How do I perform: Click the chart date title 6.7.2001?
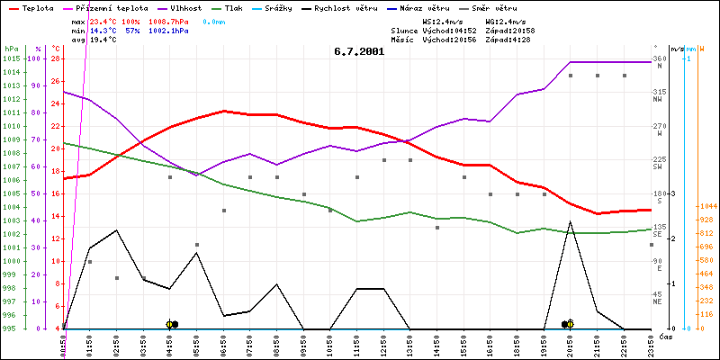tap(358, 51)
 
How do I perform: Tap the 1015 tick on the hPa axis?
tap(11, 58)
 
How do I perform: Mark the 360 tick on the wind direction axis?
tap(659, 58)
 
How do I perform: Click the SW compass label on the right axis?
tap(658, 166)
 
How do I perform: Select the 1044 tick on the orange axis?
tap(706, 207)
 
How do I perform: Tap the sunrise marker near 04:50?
tap(171, 324)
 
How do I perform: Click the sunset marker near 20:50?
tap(568, 324)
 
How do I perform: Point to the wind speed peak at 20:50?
tap(570, 221)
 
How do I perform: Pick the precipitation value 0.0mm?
tap(213, 21)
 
